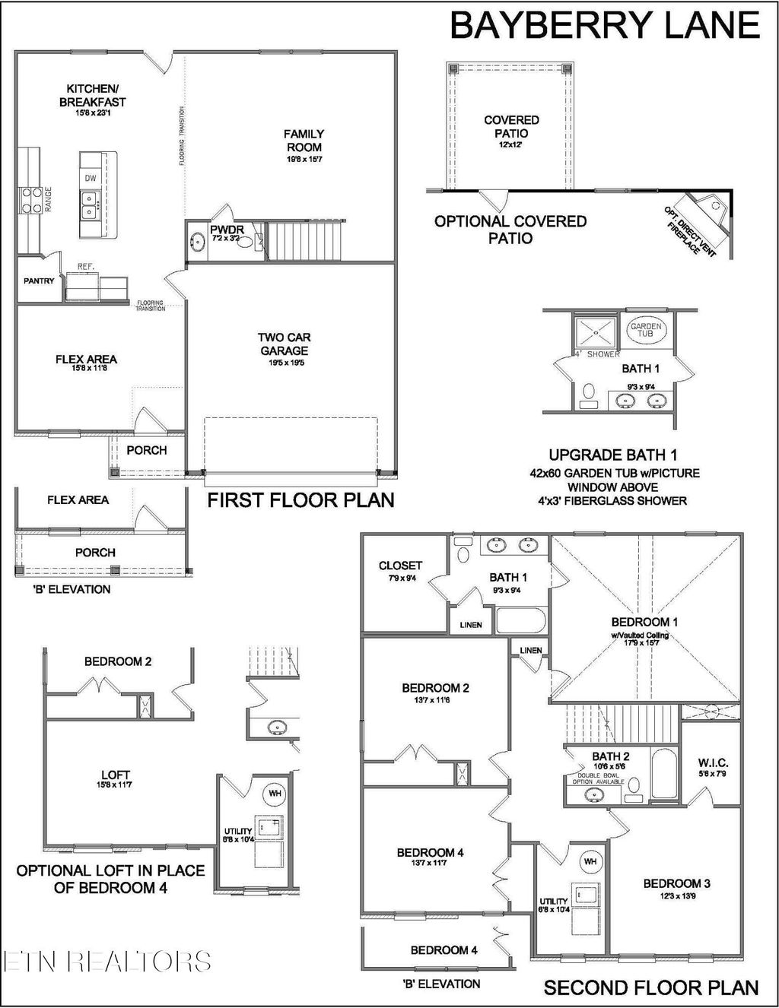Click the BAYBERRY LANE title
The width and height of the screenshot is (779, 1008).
coord(605,24)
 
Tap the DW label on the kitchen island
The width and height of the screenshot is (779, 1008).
coord(91,178)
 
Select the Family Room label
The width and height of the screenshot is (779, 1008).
coord(304,141)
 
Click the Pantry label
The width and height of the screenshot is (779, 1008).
coord(39,281)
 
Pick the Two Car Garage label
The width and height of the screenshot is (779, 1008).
coord(284,344)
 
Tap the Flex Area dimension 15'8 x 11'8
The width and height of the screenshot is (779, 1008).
coord(86,369)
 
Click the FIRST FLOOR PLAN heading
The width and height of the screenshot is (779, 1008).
coord(301,500)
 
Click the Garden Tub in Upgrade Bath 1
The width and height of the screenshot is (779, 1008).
coord(646,329)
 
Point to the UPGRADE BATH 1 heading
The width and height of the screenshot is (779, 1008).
coord(613,455)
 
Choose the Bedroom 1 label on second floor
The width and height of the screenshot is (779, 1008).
coord(644,622)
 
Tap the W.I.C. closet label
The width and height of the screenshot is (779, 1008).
coord(713,762)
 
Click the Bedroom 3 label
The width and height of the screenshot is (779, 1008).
coord(676,883)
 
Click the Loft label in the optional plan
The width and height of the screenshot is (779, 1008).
coord(115,775)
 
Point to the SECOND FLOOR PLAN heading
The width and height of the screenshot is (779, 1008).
coord(650,987)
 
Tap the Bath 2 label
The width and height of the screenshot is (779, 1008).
coord(610,756)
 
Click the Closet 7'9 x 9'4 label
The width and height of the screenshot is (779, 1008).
coord(400,566)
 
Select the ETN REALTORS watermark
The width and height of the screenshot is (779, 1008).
coord(107,961)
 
